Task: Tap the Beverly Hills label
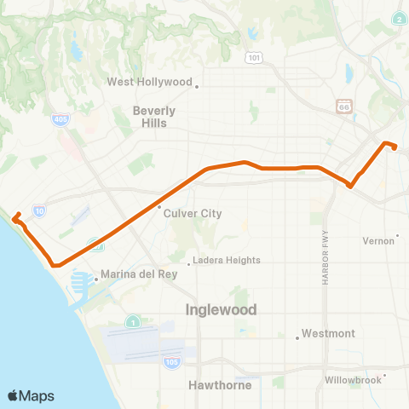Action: click(154, 117)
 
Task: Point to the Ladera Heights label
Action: click(226, 261)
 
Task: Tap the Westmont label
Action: click(329, 334)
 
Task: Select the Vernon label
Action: click(379, 240)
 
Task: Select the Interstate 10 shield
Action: click(40, 209)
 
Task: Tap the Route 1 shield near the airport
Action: click(133, 321)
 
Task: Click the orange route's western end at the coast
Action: click(15, 216)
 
